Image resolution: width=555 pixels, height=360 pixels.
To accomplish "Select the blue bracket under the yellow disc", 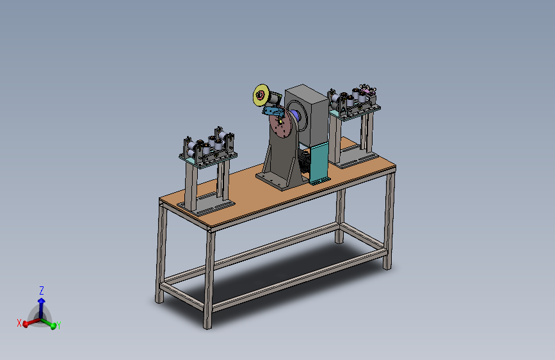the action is pyautogui.click(x=273, y=111).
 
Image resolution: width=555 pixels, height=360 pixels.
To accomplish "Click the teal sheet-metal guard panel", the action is pyautogui.click(x=319, y=163).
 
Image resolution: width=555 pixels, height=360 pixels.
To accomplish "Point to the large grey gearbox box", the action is pyautogui.click(x=307, y=113).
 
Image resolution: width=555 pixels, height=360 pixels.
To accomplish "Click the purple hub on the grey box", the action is pyautogui.click(x=295, y=116).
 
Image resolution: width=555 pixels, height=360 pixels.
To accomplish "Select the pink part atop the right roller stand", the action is pyautogui.click(x=367, y=92).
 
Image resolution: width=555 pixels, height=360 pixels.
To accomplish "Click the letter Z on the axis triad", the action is pyautogui.click(x=42, y=291).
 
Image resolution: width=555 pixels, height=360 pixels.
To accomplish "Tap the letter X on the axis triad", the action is pyautogui.click(x=19, y=323).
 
